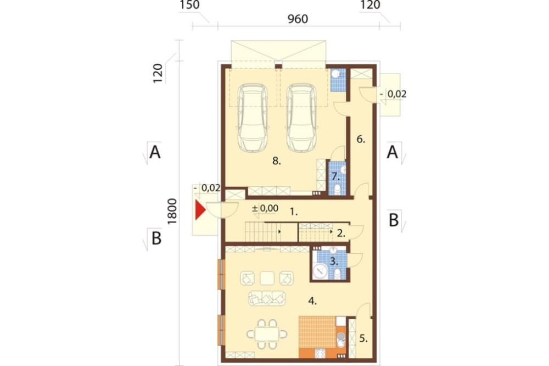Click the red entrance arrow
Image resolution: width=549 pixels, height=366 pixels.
[x=200, y=210]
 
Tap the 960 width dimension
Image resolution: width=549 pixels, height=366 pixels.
[x=298, y=19]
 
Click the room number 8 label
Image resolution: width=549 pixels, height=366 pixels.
[x=277, y=161]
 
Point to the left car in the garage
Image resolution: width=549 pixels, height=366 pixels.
[x=253, y=118]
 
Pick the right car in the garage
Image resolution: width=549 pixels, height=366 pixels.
[x=301, y=118]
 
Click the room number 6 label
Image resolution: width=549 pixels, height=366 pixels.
[x=361, y=139]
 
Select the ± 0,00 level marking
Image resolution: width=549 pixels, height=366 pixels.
[x=265, y=208]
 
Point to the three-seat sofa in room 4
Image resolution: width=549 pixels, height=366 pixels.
[x=267, y=298]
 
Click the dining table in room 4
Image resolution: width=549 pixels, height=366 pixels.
[x=267, y=334]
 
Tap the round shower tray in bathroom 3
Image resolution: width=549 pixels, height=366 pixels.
[x=320, y=271]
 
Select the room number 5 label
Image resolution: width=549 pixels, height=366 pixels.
[x=363, y=339]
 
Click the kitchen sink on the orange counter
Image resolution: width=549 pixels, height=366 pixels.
[x=340, y=340]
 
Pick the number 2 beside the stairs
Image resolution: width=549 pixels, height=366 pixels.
[x=341, y=233]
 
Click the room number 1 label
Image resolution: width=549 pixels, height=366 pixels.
[x=293, y=212]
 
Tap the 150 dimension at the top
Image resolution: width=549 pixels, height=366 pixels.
[x=189, y=5]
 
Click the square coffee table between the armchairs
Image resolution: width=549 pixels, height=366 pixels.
[x=267, y=278]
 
